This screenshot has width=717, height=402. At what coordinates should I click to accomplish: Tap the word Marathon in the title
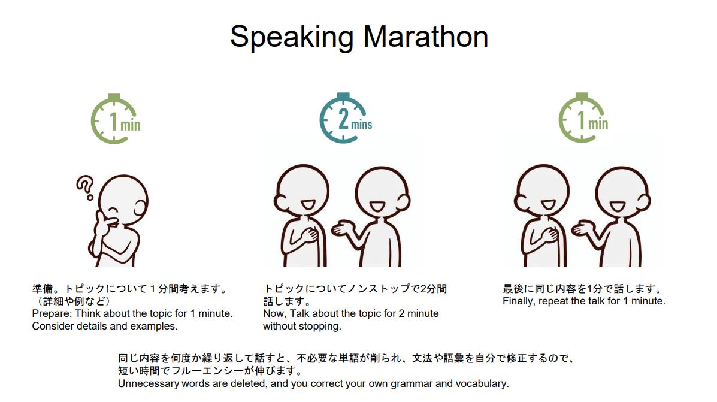point(426,37)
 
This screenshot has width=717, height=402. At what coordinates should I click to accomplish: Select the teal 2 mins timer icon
point(346,117)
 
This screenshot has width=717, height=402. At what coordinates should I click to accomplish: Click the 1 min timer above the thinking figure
point(115,119)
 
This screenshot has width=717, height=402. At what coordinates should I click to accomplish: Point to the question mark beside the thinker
point(85,188)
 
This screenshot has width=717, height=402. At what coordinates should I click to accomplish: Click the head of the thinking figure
point(123,200)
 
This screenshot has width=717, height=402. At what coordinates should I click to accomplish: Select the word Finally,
point(519,301)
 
